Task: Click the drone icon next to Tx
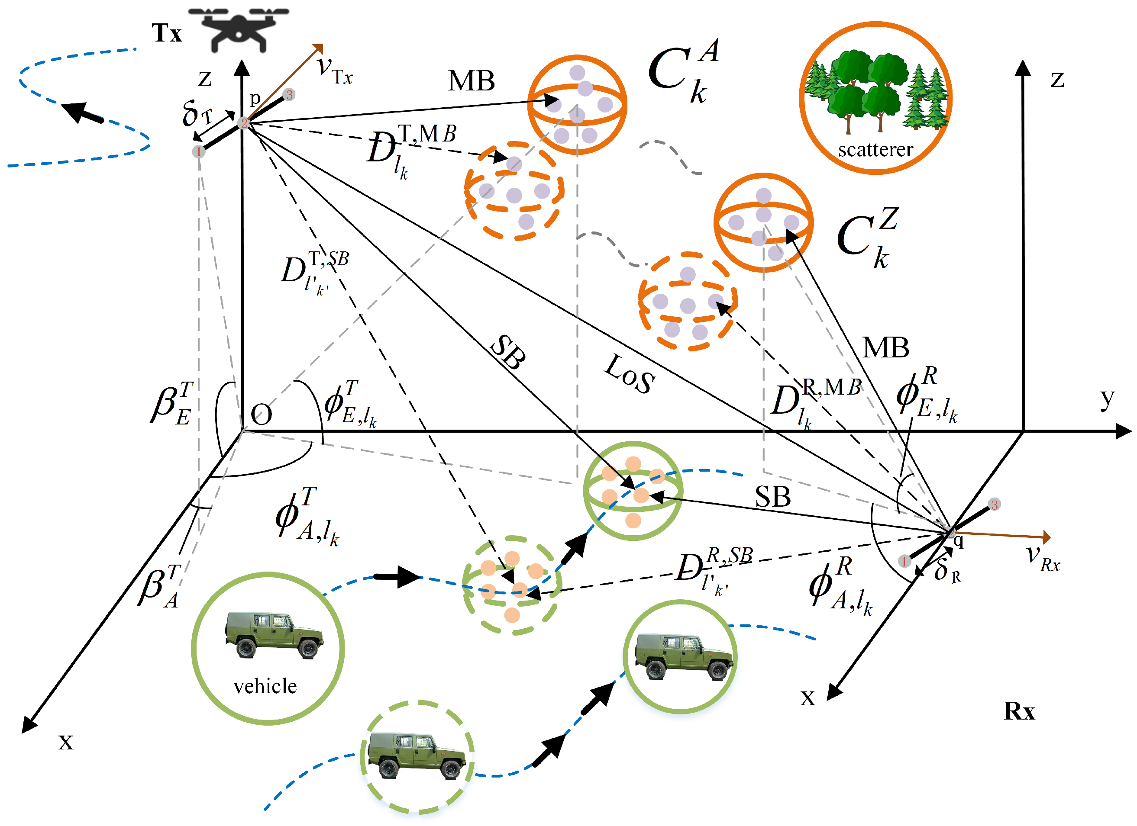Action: coord(239,29)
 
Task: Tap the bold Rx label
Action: coord(1019,711)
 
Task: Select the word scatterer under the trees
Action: coord(875,149)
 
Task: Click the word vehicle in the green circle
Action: coord(265,686)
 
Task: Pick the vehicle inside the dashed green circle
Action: coord(417,755)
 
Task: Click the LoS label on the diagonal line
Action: coord(630,375)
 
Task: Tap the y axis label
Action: coord(1107,399)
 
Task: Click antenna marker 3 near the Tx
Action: coord(289,95)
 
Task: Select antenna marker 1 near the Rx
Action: coord(904,562)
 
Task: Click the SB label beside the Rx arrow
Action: coord(772,498)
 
